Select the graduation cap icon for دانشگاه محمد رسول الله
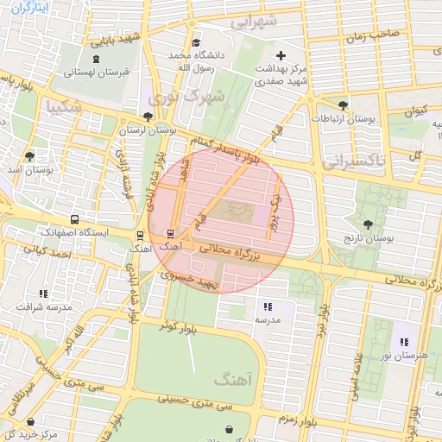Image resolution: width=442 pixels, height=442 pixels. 197,43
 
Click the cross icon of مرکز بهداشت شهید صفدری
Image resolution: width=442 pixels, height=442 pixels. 281,54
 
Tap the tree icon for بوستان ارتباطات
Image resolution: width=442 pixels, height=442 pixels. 344,105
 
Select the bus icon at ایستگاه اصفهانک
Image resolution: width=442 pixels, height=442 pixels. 75,219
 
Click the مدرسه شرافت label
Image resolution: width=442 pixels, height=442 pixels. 44,306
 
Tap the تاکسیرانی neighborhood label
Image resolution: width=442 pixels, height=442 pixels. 354,161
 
